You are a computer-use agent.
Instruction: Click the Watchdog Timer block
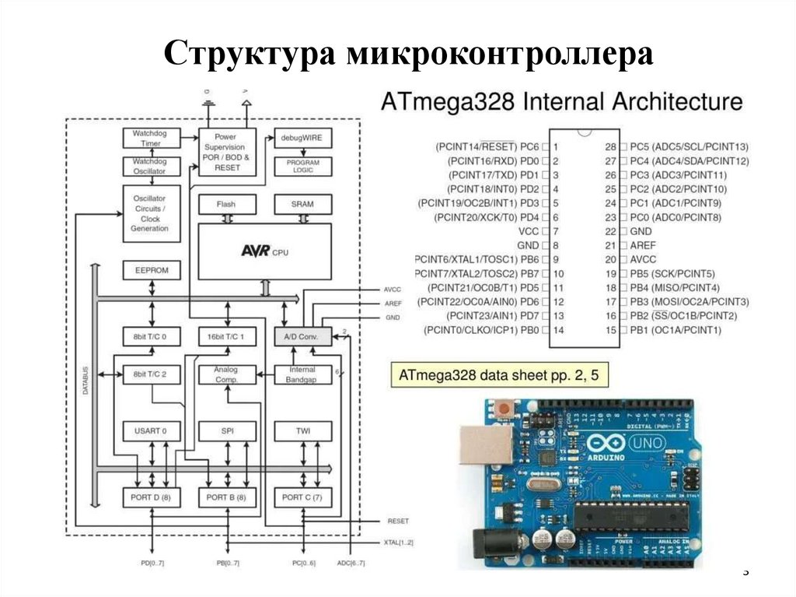coord(150,139)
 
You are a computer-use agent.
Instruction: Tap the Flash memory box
coord(226,205)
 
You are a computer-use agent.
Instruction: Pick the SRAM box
coord(302,205)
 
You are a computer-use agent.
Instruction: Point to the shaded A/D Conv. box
coord(303,336)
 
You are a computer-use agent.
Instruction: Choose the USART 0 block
coord(150,430)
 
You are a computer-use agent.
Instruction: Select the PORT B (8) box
coord(226,497)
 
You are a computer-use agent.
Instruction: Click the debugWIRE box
coord(302,139)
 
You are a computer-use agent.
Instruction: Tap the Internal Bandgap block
coord(302,374)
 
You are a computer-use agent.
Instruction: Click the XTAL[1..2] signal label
coord(399,541)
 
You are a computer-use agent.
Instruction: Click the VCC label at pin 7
coord(528,231)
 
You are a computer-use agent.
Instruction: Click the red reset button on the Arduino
coord(508,407)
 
